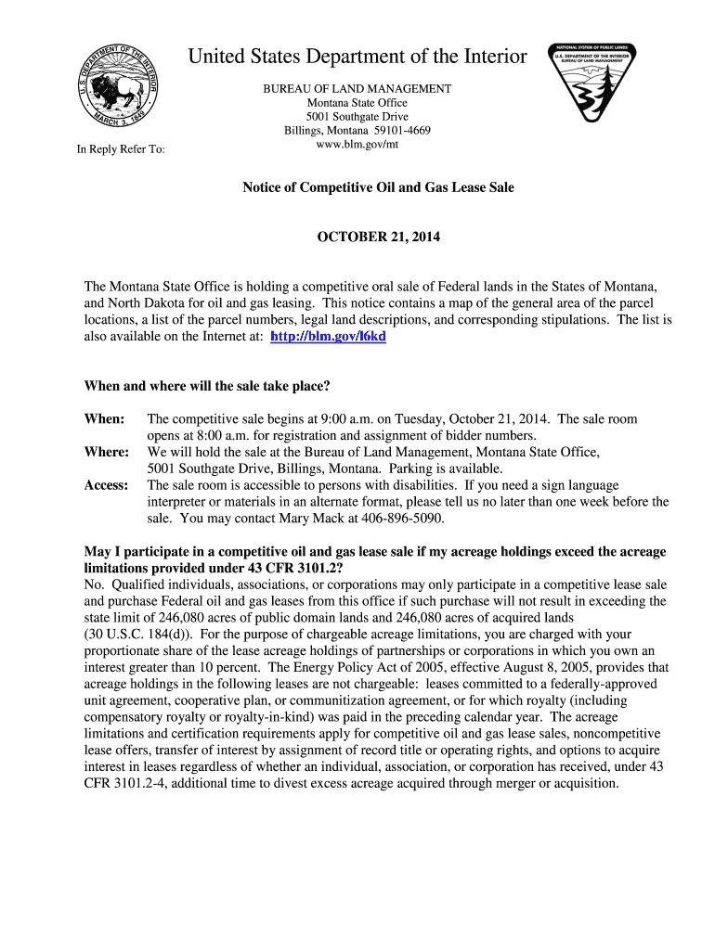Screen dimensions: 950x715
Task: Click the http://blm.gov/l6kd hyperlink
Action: pyautogui.click(x=327, y=337)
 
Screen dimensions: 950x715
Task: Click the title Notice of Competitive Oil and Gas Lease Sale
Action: pyautogui.click(x=378, y=187)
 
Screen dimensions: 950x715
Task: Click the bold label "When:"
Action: pyautogui.click(x=104, y=419)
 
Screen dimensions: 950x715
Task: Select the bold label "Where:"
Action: pyautogui.click(x=107, y=452)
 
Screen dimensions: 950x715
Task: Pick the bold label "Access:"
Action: pyautogui.click(x=107, y=485)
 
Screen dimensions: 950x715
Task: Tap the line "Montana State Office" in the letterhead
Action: pyautogui.click(x=357, y=103)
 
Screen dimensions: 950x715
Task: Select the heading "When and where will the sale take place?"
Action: pyautogui.click(x=207, y=386)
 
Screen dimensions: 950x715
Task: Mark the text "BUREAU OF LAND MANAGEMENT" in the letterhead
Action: pyautogui.click(x=357, y=89)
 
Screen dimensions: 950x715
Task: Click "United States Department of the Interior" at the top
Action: pyautogui.click(x=357, y=58)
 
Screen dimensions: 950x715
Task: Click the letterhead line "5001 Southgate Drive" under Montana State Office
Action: pyautogui.click(x=357, y=117)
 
